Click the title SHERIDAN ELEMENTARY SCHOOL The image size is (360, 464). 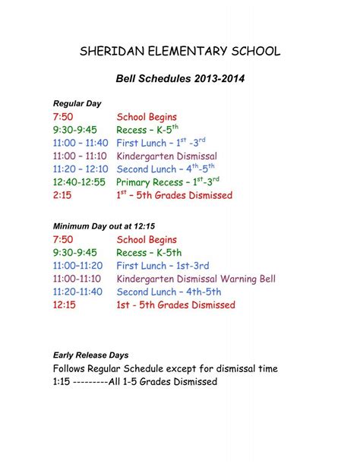click(180, 52)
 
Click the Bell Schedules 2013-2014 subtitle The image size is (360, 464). click(180, 78)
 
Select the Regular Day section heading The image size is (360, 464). click(77, 103)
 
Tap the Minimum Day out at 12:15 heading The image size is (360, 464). click(103, 226)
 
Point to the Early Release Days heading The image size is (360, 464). click(90, 355)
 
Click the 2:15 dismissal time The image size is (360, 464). click(62, 195)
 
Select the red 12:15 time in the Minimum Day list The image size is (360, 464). click(65, 305)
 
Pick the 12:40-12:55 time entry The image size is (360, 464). click(81, 182)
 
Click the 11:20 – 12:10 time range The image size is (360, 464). click(81, 169)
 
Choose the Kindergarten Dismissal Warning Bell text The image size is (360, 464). click(196, 279)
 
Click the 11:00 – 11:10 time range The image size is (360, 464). click(81, 156)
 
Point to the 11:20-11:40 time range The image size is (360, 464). click(79, 292)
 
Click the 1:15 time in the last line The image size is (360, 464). click(62, 382)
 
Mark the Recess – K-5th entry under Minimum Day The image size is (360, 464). click(149, 253)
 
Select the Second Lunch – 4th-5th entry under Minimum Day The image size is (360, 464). click(169, 292)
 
